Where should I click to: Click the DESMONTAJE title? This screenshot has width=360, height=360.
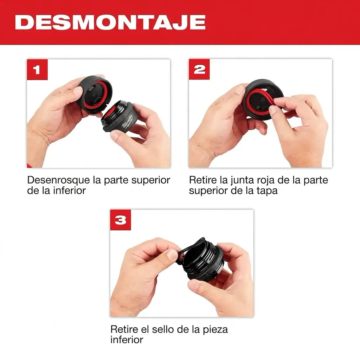[110, 22]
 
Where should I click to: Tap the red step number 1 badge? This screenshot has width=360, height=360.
[37, 70]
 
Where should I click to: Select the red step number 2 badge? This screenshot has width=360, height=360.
[199, 69]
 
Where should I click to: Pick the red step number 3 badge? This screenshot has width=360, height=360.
[121, 220]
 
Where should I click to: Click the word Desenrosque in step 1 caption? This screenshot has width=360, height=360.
[59, 180]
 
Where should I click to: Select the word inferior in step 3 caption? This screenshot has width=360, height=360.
[127, 340]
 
